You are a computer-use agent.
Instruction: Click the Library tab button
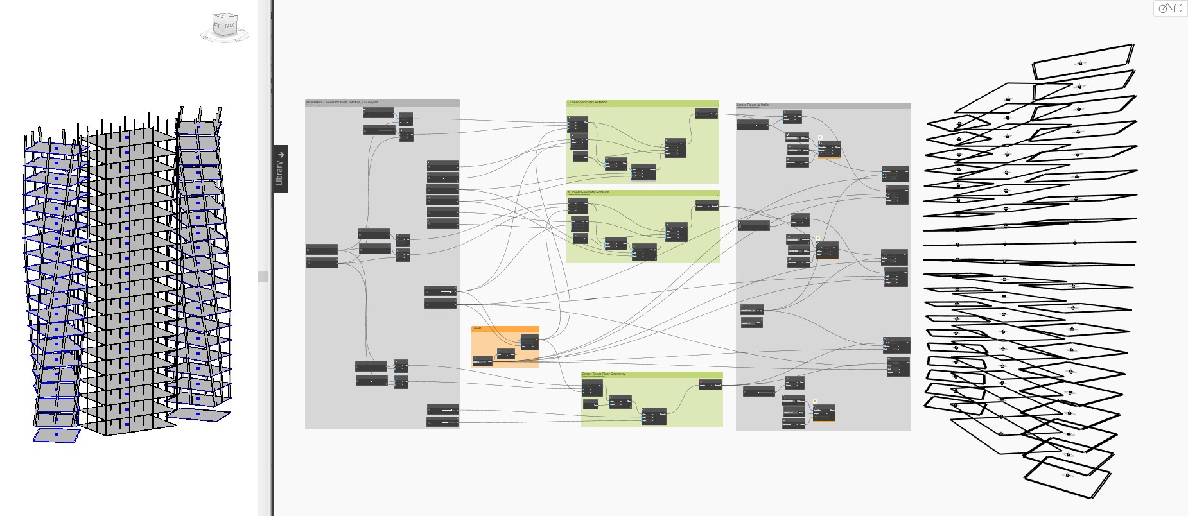pos(281,169)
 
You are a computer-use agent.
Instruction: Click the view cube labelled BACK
pos(225,26)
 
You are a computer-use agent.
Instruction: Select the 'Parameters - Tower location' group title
pos(342,102)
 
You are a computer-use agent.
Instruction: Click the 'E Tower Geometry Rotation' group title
pos(587,103)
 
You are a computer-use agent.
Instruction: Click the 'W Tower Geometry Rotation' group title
pos(588,193)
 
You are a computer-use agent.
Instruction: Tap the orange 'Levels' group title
pos(477,329)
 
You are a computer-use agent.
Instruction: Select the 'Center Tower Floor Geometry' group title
pos(603,374)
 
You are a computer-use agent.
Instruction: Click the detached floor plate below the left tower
pos(57,435)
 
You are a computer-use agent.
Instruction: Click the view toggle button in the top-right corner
pos(1171,8)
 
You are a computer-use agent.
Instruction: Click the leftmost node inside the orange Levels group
pos(482,361)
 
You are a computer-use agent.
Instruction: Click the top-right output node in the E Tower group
pos(706,114)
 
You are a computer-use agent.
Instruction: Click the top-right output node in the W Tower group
pos(706,205)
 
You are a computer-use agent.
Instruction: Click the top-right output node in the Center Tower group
pos(710,384)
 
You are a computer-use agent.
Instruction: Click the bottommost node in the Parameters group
pos(442,422)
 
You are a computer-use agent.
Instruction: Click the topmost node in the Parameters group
pos(378,112)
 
